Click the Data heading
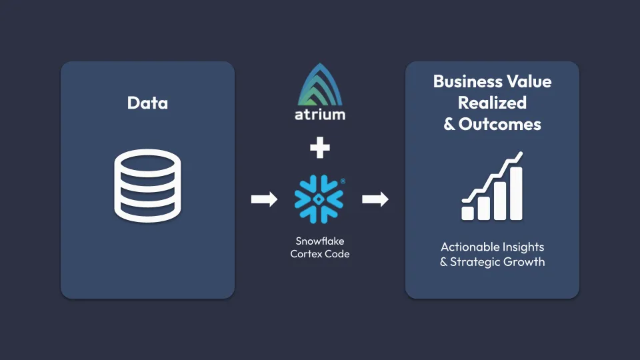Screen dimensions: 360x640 [147, 103]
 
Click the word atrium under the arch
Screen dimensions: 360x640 [320, 115]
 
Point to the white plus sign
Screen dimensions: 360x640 [320, 148]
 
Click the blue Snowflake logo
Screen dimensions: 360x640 [319, 199]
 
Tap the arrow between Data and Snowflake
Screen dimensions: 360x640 [264, 199]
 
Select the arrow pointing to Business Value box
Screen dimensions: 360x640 [375, 199]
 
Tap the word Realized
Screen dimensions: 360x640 [493, 103]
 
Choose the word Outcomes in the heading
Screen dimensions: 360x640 [500, 124]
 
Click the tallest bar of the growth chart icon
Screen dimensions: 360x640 [515, 193]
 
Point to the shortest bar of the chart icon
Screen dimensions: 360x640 [468, 213]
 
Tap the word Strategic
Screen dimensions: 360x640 [474, 261]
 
